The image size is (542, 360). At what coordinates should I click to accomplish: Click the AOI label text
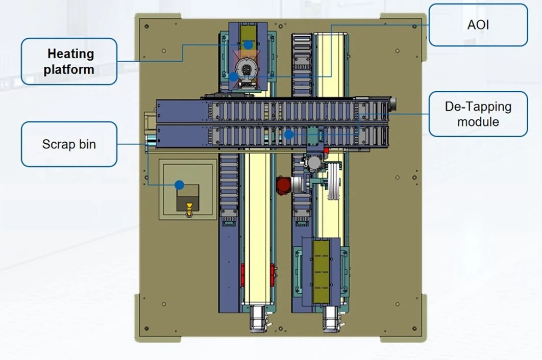pyautogui.click(x=478, y=24)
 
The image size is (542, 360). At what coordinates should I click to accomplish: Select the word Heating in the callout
pyautogui.click(x=70, y=54)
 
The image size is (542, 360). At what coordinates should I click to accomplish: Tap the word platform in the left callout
pyautogui.click(x=69, y=69)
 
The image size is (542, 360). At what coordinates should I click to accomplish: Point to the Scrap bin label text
pyautogui.click(x=69, y=144)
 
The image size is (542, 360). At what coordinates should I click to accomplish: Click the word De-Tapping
pyautogui.click(x=478, y=107)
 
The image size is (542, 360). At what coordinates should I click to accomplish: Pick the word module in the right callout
pyautogui.click(x=478, y=122)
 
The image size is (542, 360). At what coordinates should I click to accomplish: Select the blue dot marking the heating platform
pyautogui.click(x=248, y=45)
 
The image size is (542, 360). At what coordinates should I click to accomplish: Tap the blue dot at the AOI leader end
pyautogui.click(x=233, y=76)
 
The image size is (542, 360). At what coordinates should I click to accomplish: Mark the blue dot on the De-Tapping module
pyautogui.click(x=289, y=135)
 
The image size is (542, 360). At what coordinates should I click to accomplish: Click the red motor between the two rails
pyautogui.click(x=283, y=185)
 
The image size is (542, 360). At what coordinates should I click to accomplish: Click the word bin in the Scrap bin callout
pyautogui.click(x=87, y=144)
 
